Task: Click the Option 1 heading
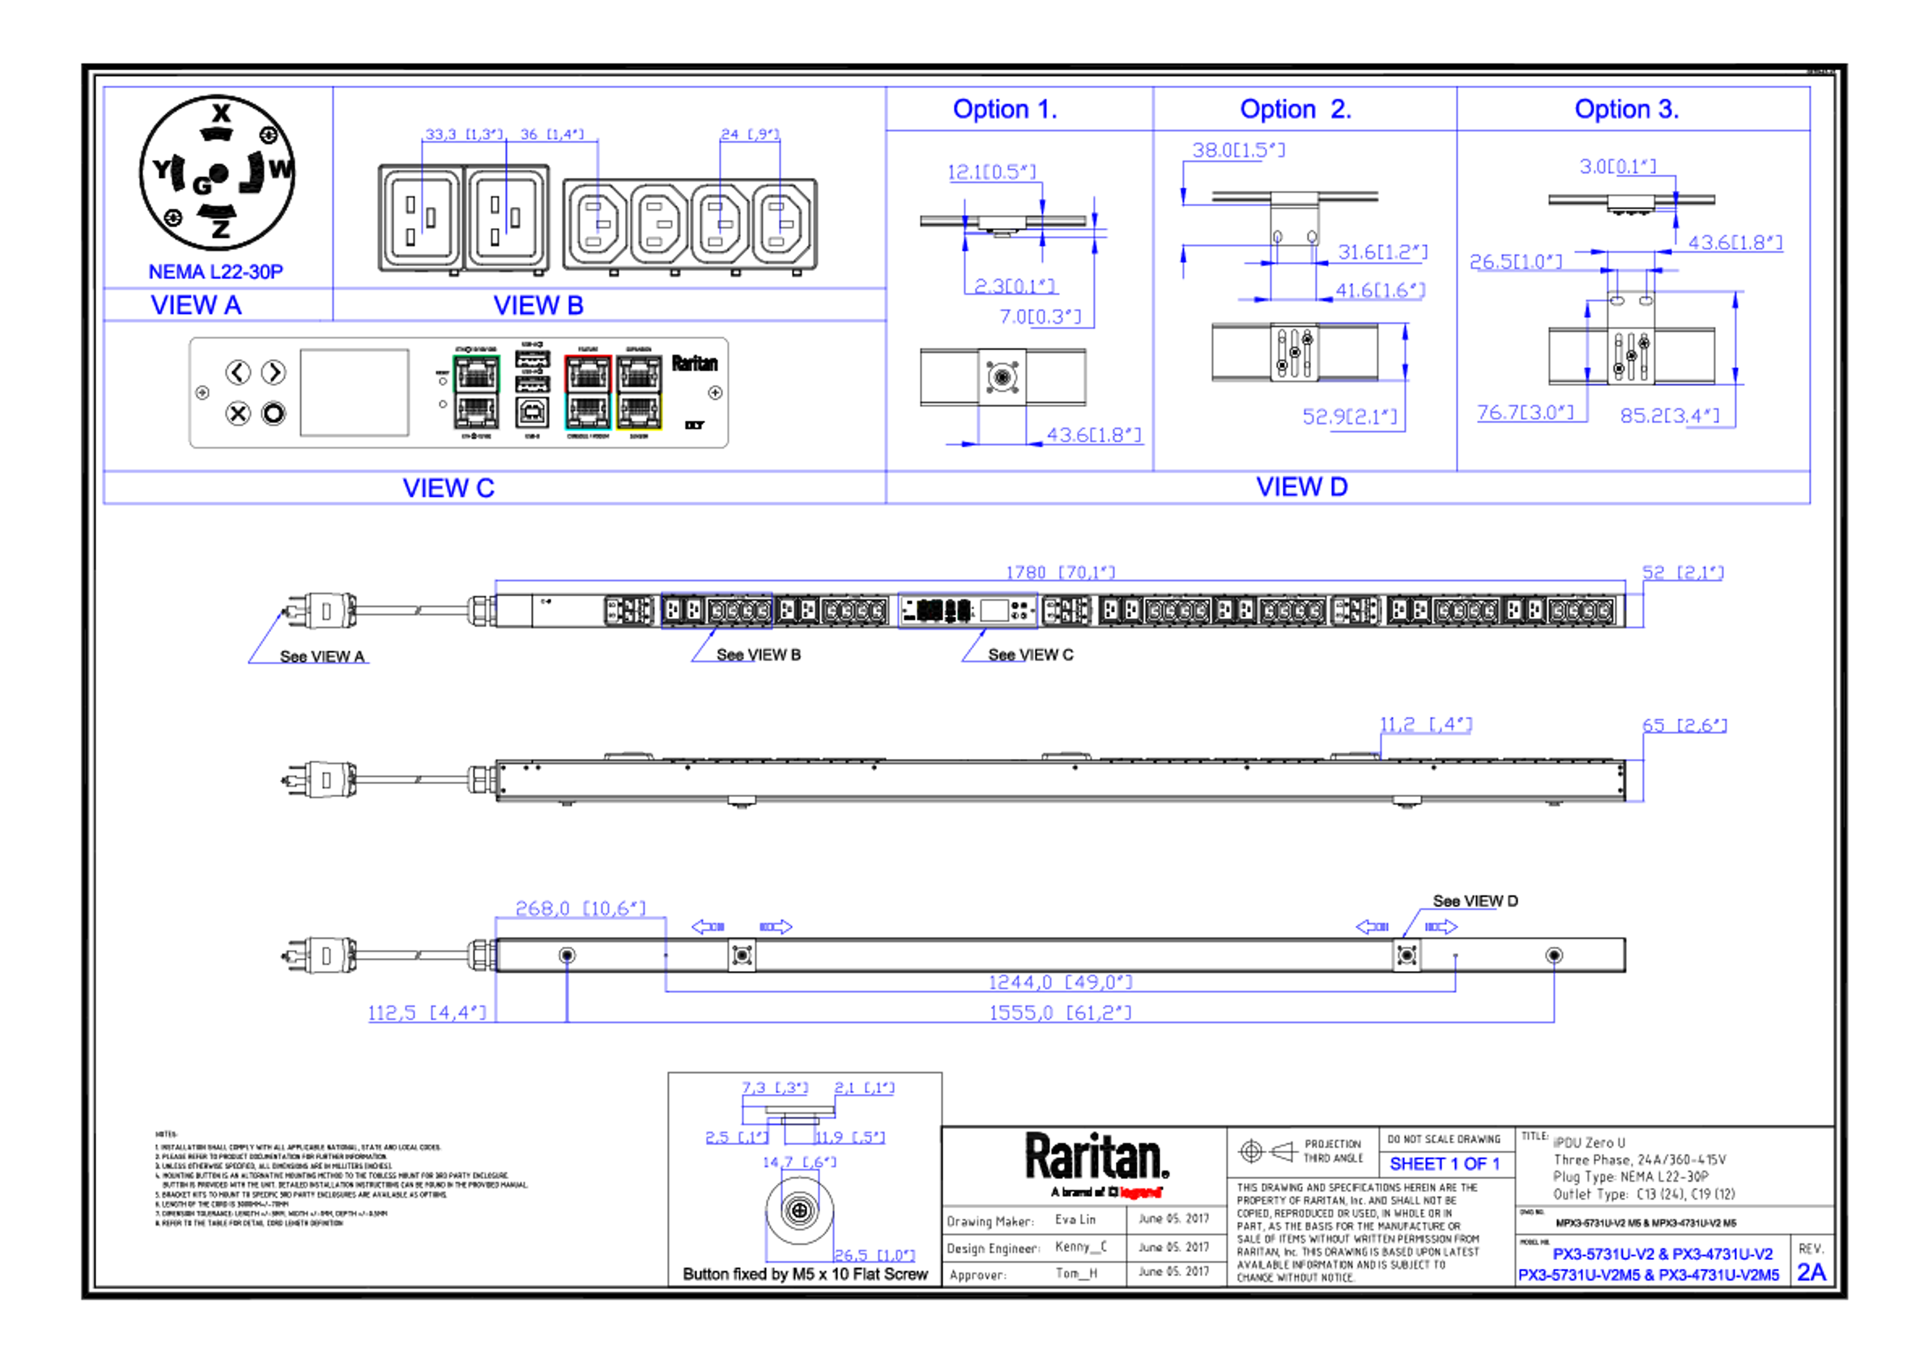1004,109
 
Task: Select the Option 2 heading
1295,109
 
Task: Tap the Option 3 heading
1626,109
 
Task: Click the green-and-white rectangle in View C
476,393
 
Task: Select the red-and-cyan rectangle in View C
587,393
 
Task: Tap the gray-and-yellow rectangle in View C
640,393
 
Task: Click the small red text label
1140,1192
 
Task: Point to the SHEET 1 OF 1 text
1443,1165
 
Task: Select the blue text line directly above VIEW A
216,271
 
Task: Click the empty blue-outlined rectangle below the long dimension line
716,610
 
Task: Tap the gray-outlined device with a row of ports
968,610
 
